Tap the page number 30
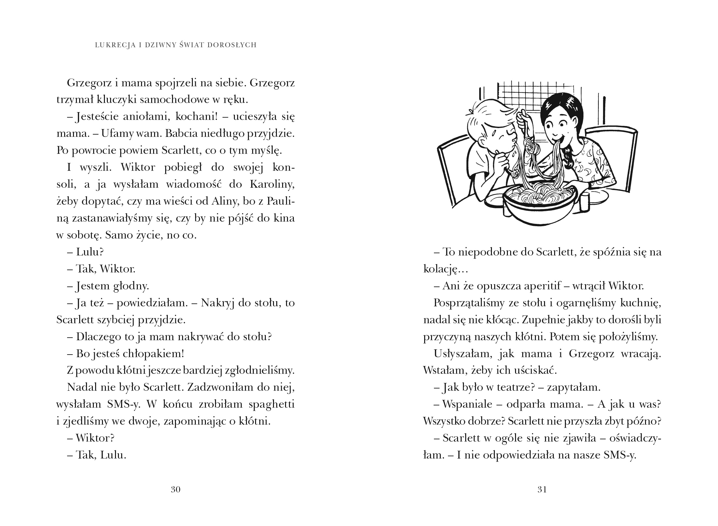point(176,489)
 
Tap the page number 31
point(542,489)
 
